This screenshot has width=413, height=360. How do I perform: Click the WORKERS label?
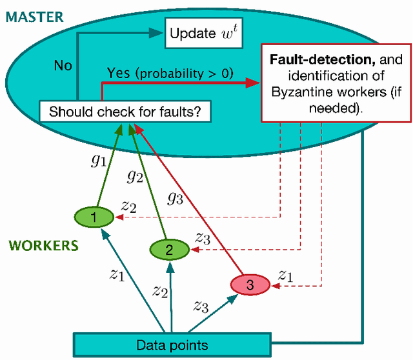tap(43, 245)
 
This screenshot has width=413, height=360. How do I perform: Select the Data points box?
tap(171, 345)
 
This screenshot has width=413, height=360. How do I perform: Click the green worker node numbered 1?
tap(94, 219)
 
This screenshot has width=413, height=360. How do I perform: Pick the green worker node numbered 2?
tap(169, 249)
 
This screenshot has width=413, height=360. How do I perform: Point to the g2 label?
tap(135, 174)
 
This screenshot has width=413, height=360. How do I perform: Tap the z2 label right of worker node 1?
tap(129, 207)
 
